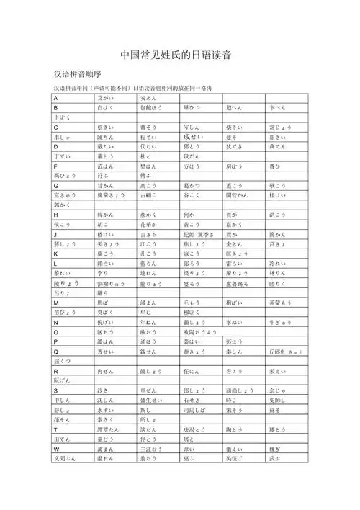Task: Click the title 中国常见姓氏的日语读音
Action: [x=180, y=55]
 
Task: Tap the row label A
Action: [x=55, y=97]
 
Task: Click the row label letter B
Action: [x=55, y=107]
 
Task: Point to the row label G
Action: [x=55, y=185]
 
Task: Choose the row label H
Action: [x=55, y=215]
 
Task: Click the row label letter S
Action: [x=55, y=389]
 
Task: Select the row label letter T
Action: [x=55, y=429]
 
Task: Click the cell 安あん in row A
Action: [x=149, y=97]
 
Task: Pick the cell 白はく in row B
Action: [x=106, y=107]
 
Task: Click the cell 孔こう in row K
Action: [x=149, y=254]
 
